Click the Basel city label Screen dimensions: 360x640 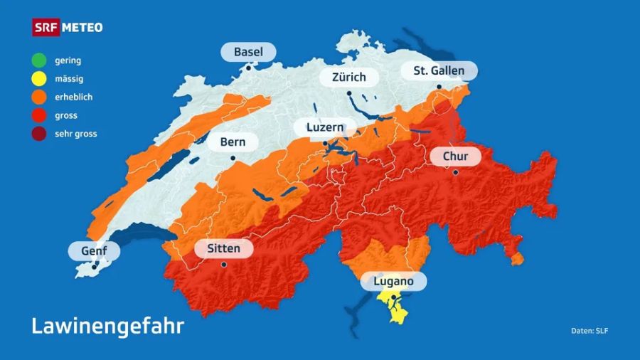coord(247,52)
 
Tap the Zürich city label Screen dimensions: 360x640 coord(348,77)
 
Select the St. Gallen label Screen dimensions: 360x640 coord(439,70)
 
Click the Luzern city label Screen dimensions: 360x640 coord(325,128)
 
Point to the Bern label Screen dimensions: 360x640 coord(233,142)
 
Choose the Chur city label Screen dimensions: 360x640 coord(455,156)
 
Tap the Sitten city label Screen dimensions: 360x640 coord(223,249)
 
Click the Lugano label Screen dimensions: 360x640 coord(393,281)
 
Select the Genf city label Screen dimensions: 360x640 coord(94,250)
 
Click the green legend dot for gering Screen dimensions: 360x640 coord(39,60)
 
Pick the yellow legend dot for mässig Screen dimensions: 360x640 coord(39,79)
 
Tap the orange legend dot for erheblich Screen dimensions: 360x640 coord(39,97)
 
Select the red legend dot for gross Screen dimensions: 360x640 coord(39,115)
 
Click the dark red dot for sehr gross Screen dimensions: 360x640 coord(39,133)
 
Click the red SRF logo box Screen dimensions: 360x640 coord(46,28)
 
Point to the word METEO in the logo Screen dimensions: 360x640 coord(82,28)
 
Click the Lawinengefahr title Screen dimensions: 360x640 coord(107,326)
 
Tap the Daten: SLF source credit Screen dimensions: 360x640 coord(590,331)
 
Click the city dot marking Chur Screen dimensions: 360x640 coord(455,171)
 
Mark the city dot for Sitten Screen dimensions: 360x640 coord(223,264)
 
